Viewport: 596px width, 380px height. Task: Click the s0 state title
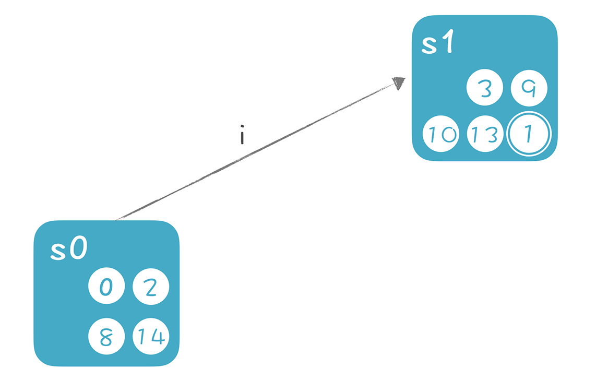[x=69, y=247]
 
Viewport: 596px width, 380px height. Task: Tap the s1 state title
[x=437, y=41]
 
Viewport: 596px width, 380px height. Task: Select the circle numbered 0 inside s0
[x=106, y=286]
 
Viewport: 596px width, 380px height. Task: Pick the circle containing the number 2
[x=151, y=287]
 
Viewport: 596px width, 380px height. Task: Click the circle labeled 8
[x=106, y=336]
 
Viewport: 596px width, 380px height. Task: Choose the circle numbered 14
[x=151, y=336]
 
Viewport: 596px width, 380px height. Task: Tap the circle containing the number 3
[x=485, y=87]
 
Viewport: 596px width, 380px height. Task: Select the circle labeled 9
[x=529, y=88]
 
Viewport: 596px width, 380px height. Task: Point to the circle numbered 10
[x=441, y=134]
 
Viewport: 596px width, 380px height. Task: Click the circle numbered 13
[x=485, y=134]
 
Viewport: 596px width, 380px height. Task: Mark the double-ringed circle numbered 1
[x=529, y=134]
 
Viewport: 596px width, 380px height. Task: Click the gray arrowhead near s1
[x=399, y=83]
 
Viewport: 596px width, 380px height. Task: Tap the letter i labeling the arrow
[x=242, y=135]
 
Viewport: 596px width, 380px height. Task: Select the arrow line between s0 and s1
[x=257, y=151]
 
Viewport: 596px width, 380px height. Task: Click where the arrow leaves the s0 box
[x=115, y=220]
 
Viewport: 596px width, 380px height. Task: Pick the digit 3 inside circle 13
[x=491, y=134]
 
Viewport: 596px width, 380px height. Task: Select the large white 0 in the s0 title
[x=79, y=247]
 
